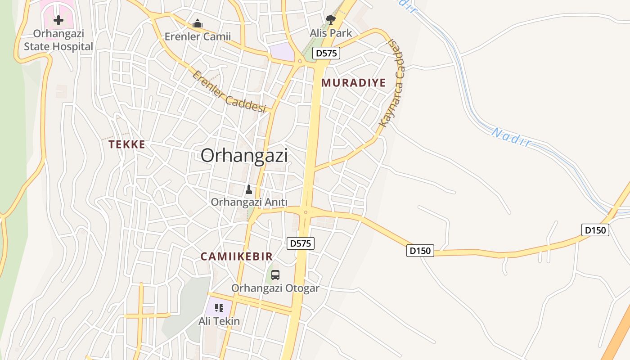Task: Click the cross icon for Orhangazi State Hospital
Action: coord(58,20)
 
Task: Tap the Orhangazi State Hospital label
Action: coord(58,40)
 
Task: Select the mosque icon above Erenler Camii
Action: coord(197,23)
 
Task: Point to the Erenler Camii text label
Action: coord(198,36)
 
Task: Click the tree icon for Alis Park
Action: coord(331,19)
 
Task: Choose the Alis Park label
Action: coord(331,33)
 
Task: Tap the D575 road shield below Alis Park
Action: coord(327,53)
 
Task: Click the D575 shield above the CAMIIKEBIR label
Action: coord(301,243)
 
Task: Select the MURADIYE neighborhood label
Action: coord(353,83)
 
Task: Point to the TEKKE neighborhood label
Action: coord(127,144)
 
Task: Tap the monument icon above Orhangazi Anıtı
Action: coord(249,189)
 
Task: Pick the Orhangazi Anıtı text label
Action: coord(249,202)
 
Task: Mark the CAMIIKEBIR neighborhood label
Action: coord(236,256)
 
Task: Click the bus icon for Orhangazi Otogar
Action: coord(275,274)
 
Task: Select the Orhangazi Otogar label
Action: coord(275,288)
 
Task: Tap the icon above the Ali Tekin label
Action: coord(219,308)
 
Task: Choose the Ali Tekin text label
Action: coord(219,321)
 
